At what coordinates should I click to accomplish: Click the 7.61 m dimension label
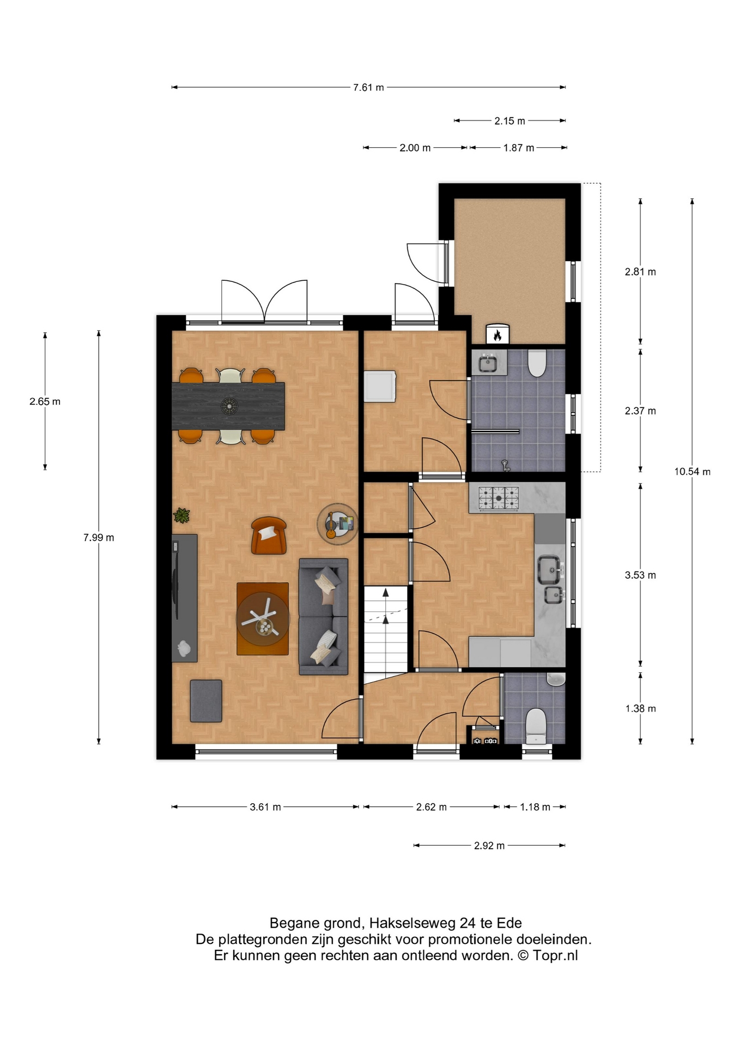[368, 87]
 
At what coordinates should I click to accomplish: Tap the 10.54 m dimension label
[692, 472]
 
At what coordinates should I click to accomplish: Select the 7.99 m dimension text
[99, 538]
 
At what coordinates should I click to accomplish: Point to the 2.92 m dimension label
[489, 846]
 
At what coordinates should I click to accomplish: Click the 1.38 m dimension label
[640, 709]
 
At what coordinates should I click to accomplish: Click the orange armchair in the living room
[269, 535]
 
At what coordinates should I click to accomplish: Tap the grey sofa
[323, 617]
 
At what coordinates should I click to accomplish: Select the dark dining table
[228, 406]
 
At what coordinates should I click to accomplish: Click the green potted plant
[181, 515]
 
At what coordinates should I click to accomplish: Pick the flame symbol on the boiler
[497, 335]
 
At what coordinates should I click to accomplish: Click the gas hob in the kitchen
[499, 498]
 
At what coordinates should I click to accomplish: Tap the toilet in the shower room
[537, 363]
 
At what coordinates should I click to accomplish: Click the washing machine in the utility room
[380, 387]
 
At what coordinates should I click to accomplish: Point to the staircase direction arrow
[386, 606]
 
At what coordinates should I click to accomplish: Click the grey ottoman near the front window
[206, 701]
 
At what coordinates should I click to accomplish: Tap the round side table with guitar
[338, 524]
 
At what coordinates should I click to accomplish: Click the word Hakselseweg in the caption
[413, 923]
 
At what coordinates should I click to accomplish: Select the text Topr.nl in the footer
[555, 955]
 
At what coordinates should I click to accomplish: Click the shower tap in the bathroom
[506, 465]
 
